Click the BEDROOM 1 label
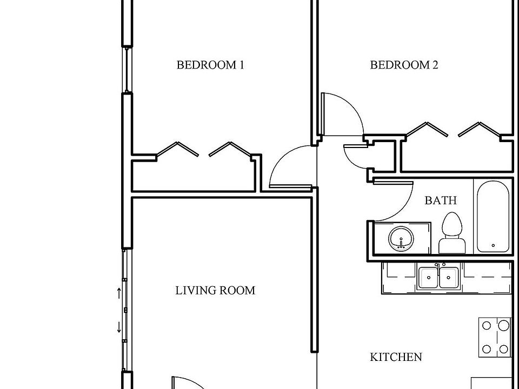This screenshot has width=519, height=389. [210, 65]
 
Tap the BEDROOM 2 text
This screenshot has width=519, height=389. [404, 65]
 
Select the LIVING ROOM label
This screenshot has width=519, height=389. [215, 291]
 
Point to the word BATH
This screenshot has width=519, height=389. [441, 200]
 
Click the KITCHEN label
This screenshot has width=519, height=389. [396, 357]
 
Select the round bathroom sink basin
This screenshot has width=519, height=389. [401, 238]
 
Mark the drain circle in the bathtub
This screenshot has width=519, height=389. [493, 246]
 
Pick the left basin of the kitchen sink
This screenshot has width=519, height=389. [428, 278]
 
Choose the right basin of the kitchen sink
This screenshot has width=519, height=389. [449, 278]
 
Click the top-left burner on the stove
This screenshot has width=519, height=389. [486, 326]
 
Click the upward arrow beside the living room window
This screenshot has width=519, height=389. [119, 293]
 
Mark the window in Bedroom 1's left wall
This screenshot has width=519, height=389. [127, 70]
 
